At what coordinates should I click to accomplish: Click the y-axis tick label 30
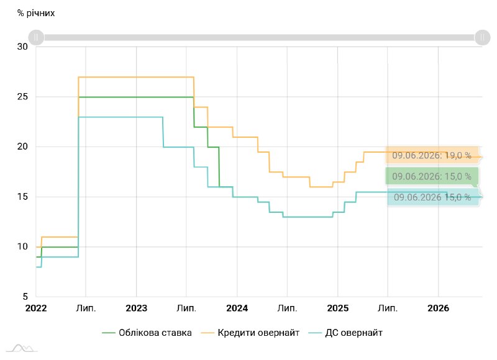(22, 47)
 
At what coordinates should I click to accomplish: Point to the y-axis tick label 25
(22, 97)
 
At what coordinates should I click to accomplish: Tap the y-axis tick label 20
(22, 146)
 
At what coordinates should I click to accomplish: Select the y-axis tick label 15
(22, 197)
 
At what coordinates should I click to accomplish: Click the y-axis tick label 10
(22, 246)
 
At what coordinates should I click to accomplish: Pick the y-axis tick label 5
(25, 297)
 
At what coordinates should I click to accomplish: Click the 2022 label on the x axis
(36, 308)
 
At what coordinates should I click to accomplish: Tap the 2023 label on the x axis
(136, 308)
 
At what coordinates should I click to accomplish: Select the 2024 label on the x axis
(237, 308)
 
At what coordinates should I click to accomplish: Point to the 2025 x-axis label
(338, 308)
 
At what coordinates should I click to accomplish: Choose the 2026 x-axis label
(439, 308)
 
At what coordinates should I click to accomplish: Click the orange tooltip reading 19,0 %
(432, 155)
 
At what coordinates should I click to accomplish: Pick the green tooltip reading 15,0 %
(432, 176)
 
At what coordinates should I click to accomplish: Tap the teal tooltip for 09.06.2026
(432, 197)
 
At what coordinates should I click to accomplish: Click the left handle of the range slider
(36, 38)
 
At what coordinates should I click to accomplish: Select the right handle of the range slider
(483, 38)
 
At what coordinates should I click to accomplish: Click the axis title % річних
(36, 13)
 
